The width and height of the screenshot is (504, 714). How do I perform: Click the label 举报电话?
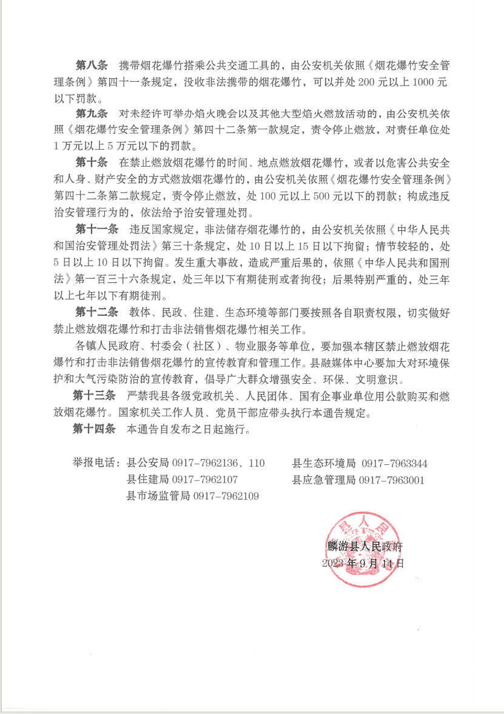click(96, 464)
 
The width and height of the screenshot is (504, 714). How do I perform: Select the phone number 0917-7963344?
click(395, 464)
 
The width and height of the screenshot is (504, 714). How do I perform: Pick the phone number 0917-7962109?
click(226, 496)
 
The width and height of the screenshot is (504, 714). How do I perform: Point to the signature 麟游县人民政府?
click(364, 546)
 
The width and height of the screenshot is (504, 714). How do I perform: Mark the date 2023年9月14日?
click(363, 563)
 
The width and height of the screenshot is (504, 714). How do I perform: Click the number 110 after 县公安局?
click(256, 464)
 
